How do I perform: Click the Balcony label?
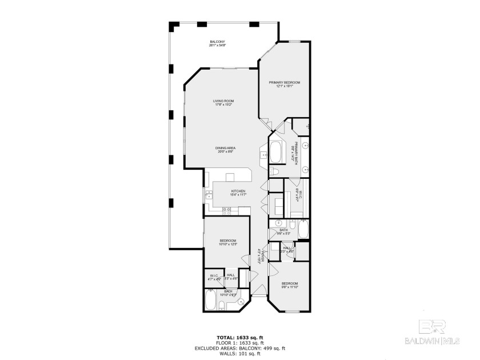(x=217, y=43)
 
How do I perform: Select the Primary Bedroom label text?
(x=285, y=84)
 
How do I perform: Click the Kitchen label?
(x=238, y=193)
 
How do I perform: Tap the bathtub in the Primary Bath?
(x=275, y=152)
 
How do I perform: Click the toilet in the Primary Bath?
(x=274, y=171)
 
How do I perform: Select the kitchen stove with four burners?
(x=226, y=210)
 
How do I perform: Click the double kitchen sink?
(x=209, y=197)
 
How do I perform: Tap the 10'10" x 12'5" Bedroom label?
(x=227, y=242)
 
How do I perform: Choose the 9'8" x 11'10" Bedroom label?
(x=289, y=285)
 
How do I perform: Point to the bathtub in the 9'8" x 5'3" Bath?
(x=303, y=230)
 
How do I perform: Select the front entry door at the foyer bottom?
(x=259, y=295)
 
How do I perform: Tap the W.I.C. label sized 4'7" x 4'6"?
(x=214, y=277)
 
